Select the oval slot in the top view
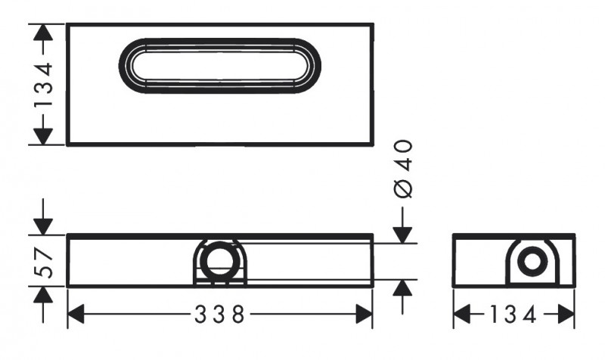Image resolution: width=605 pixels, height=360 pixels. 219,65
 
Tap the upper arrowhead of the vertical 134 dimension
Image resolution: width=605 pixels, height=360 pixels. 44,34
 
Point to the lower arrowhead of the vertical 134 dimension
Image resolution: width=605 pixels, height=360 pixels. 44,135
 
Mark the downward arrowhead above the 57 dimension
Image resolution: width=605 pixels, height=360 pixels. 44,224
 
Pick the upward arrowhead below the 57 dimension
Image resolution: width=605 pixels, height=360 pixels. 44,297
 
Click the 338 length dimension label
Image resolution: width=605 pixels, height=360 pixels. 219,315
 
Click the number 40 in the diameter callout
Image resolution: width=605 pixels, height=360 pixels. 404,155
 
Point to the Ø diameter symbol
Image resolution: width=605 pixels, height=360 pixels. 404,188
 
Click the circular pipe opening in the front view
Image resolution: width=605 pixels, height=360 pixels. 219,261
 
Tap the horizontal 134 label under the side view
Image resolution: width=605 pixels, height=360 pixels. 515,315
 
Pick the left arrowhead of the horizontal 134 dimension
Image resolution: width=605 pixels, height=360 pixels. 464,315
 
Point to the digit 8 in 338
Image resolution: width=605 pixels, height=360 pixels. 238,315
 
